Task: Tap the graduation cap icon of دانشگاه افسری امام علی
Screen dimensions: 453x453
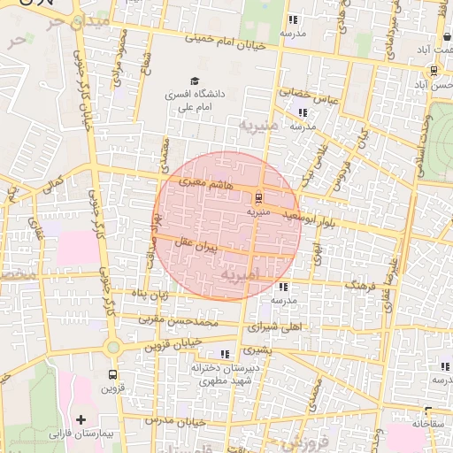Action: (x=194, y=81)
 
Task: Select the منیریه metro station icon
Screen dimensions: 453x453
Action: (x=258, y=197)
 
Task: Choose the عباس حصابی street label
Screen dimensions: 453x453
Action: (x=309, y=92)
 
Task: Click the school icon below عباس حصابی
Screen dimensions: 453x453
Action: (x=303, y=112)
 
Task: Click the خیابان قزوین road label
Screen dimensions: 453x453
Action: (x=182, y=343)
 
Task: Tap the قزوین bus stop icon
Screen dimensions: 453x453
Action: (x=111, y=373)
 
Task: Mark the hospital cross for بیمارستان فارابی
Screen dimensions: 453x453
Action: (x=82, y=418)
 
